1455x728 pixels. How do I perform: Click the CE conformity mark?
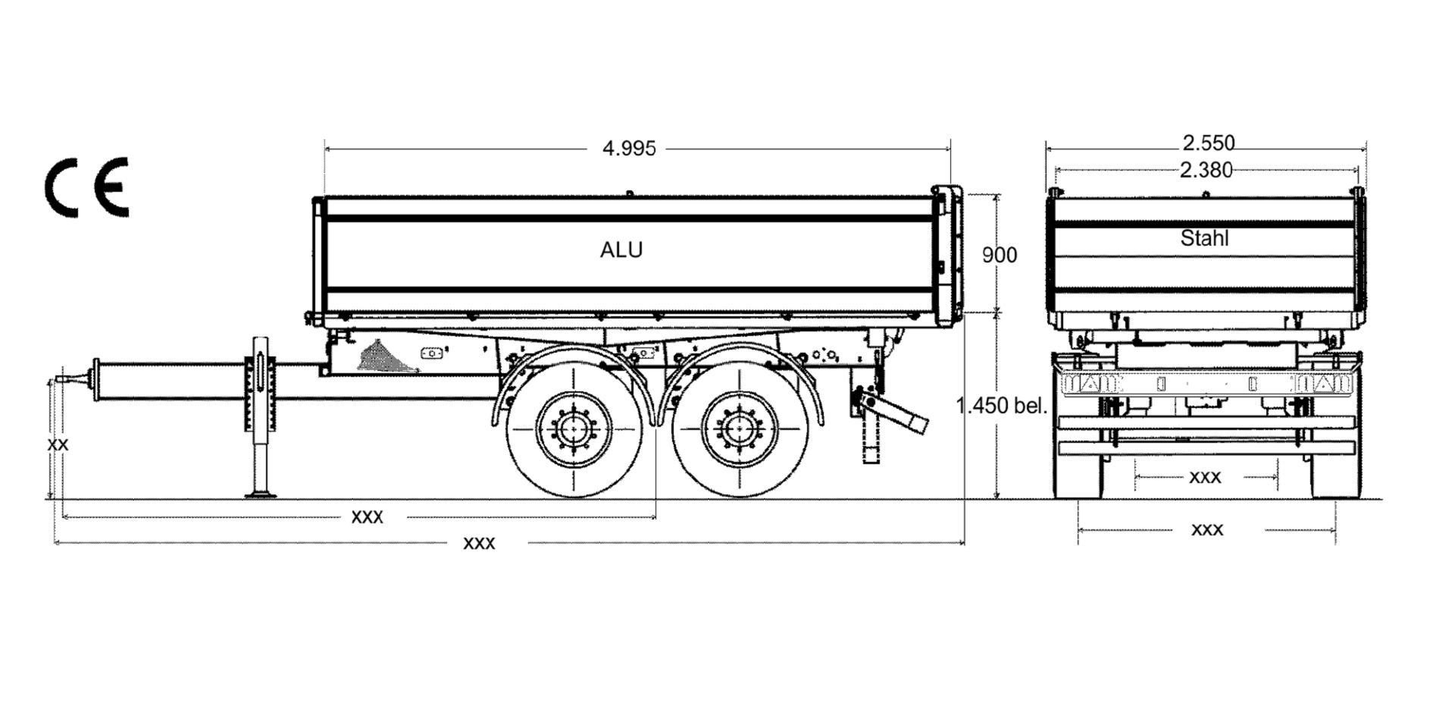tap(86, 187)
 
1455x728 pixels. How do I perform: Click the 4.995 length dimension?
tap(629, 149)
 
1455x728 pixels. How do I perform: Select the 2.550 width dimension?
tap(1209, 143)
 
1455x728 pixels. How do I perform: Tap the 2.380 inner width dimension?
tap(1206, 170)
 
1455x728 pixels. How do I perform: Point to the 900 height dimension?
tap(1000, 256)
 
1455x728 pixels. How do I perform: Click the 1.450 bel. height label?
tap(1002, 406)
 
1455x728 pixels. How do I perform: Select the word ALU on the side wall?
tap(621, 250)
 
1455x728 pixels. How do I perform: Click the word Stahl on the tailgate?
tap(1204, 238)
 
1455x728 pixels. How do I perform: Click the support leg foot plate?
tap(261, 494)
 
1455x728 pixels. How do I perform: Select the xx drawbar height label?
tap(58, 444)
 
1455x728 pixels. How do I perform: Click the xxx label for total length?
tap(479, 543)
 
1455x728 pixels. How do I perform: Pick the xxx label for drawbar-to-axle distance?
tap(368, 517)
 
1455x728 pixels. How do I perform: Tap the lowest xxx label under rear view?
tap(1207, 529)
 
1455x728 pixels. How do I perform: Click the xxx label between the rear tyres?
tap(1205, 477)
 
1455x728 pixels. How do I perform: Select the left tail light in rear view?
tap(1091, 384)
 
